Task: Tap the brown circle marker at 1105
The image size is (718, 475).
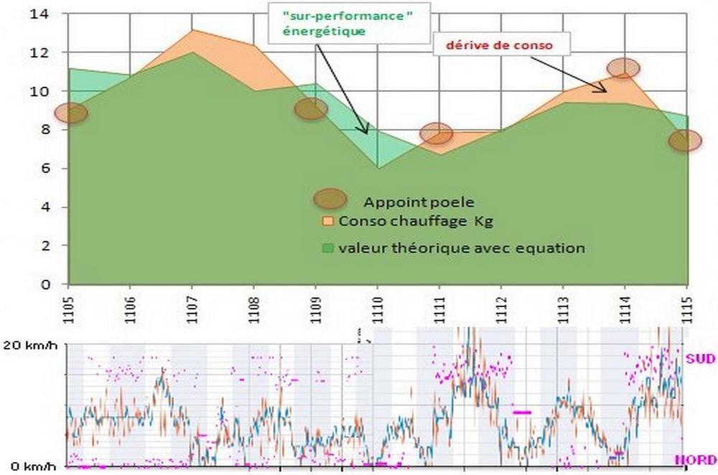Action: [70, 113]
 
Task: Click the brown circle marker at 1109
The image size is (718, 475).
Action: [311, 108]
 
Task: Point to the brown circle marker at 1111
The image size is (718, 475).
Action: [436, 133]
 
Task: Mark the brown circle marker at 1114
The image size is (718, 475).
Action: [623, 68]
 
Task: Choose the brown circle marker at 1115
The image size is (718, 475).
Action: [685, 140]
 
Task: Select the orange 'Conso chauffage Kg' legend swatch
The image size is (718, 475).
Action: [329, 221]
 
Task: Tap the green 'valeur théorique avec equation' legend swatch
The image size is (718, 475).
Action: [329, 248]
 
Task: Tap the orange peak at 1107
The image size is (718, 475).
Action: [192, 31]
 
